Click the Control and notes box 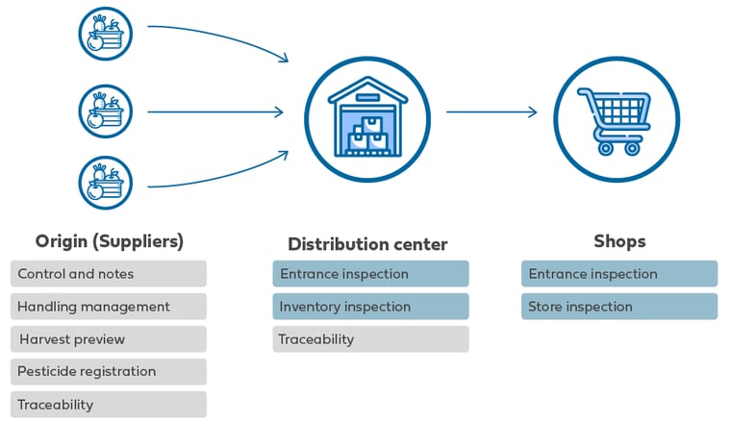tap(109, 273)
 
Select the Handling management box tap(109, 306)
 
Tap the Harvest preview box tap(109, 338)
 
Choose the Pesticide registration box tap(109, 371)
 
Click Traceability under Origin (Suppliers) tap(109, 405)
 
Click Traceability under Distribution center tap(370, 338)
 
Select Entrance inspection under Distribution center tap(370, 273)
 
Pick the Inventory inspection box tap(370, 306)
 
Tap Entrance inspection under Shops tap(619, 273)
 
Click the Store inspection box tap(619, 306)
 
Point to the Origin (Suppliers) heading tap(110, 241)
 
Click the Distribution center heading tap(367, 244)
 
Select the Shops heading tap(619, 241)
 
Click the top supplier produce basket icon tap(106, 34)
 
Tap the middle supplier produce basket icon tap(106, 112)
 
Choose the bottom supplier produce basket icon tap(106, 183)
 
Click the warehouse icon tap(367, 119)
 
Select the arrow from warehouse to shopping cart tap(492, 112)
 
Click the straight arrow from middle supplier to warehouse tap(215, 112)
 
